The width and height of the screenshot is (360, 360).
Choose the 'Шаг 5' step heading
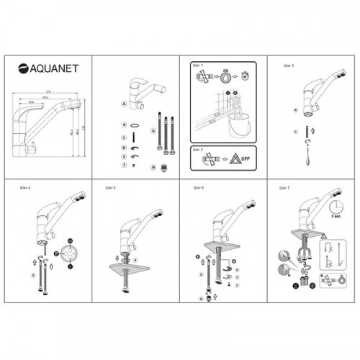(109, 188)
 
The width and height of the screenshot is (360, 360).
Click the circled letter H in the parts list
(153, 166)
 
